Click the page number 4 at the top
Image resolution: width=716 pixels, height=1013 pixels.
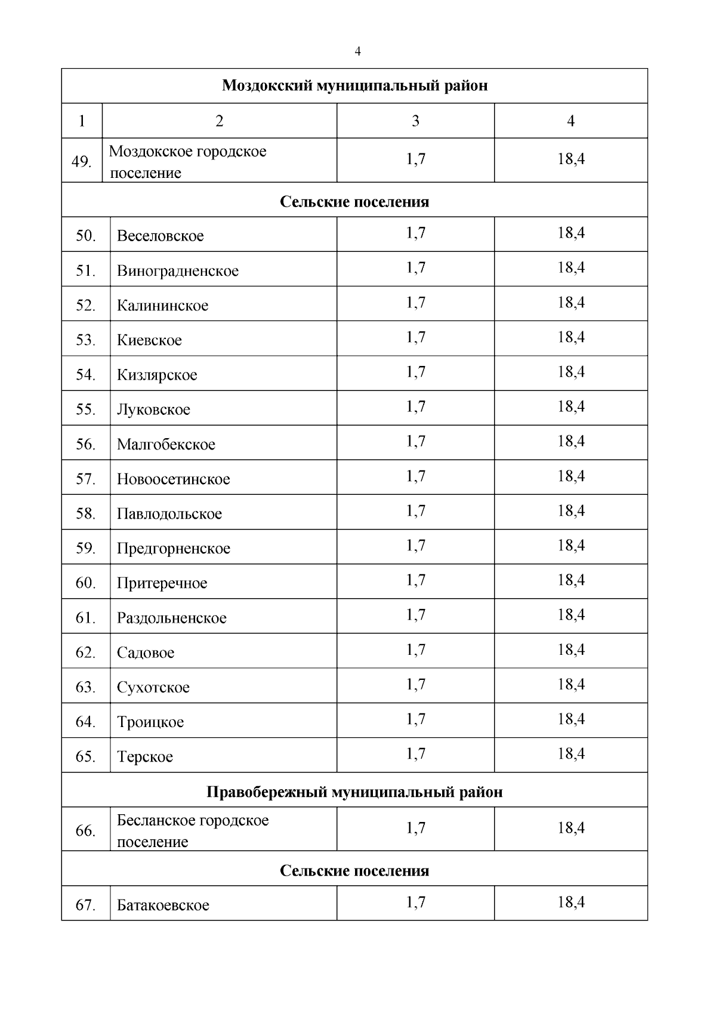point(358,51)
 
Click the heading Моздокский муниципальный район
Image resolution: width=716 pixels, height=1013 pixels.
point(354,85)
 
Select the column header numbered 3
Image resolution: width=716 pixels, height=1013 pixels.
point(415,121)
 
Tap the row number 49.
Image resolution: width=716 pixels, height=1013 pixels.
point(81,161)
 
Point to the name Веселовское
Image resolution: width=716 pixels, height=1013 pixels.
point(160,236)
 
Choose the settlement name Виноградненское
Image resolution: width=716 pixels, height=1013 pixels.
point(177,271)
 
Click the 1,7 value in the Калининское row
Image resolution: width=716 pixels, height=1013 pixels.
point(415,303)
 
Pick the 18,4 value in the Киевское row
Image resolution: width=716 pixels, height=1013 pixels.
point(570,337)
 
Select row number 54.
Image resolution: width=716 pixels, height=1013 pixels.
point(85,375)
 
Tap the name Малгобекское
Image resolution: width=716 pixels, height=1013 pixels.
point(166,445)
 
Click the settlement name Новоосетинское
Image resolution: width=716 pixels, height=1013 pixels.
point(173,479)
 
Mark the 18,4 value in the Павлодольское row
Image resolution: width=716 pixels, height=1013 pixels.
point(570,511)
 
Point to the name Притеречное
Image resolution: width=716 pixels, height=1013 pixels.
point(162,583)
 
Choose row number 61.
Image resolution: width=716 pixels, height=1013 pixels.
point(85,618)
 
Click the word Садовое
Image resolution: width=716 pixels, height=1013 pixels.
point(146,652)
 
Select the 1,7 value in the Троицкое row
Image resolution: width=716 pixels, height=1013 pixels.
point(415,719)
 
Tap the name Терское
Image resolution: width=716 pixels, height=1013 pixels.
point(145,757)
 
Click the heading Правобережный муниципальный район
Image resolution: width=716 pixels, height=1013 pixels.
point(354,792)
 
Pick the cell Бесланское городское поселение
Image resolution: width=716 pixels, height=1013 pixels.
point(193,831)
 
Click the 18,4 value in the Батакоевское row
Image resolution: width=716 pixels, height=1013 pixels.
point(570,902)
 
